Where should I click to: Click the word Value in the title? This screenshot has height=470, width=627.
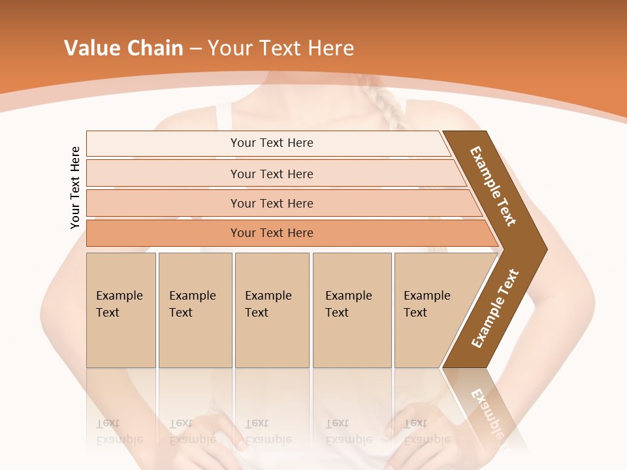[x=91, y=48]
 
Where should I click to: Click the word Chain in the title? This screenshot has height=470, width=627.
[x=153, y=48]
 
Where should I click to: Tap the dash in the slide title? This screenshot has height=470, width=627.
[x=195, y=49]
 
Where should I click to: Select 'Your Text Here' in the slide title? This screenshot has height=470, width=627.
[x=281, y=48]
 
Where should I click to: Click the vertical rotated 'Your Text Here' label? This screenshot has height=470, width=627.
[x=75, y=187]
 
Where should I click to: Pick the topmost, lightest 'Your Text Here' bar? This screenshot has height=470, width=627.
[x=272, y=143]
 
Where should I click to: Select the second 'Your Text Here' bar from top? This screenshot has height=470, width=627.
[x=272, y=174]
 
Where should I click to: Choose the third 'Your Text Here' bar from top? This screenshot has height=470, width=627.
[x=272, y=203]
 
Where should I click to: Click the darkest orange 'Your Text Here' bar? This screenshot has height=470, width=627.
[x=272, y=233]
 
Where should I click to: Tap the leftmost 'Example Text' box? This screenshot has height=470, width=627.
[x=121, y=310]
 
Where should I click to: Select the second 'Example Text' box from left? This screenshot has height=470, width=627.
[x=195, y=310]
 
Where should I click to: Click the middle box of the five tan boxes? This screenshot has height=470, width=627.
[x=272, y=310]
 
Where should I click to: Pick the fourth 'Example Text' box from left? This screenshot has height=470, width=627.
[x=351, y=310]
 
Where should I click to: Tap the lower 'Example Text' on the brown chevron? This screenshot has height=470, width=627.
[x=495, y=309]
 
